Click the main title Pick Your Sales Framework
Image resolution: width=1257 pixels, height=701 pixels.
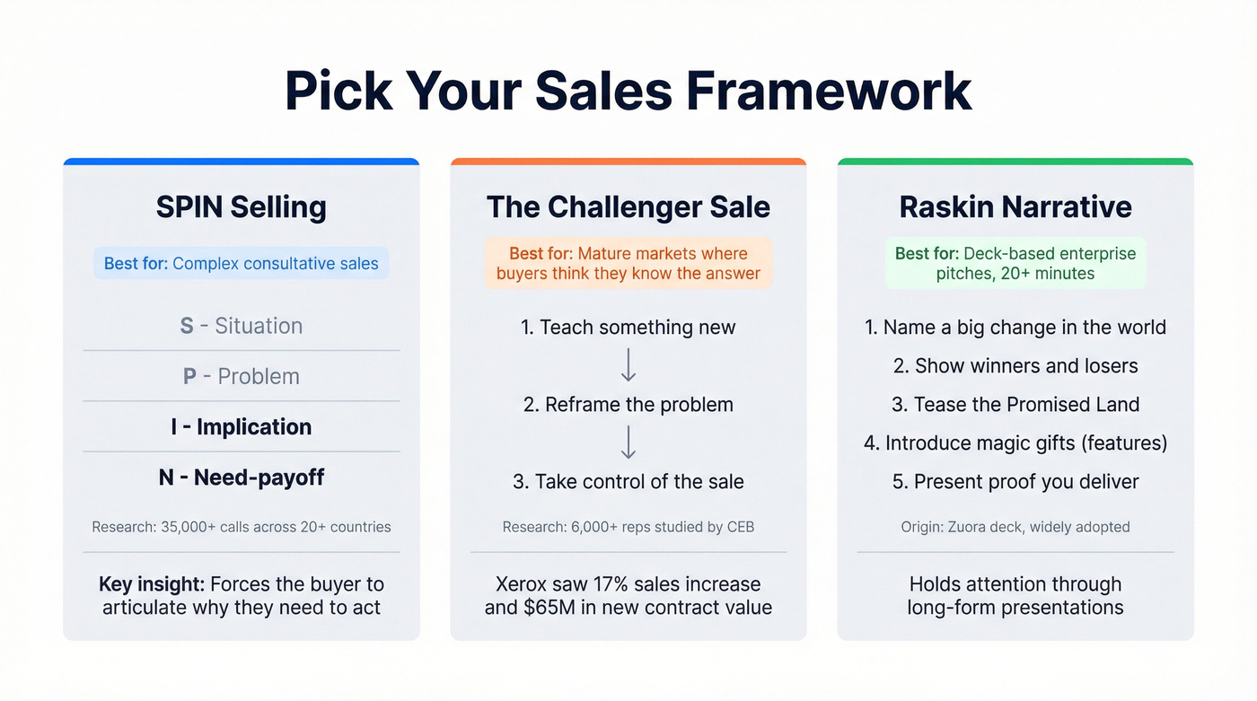628,90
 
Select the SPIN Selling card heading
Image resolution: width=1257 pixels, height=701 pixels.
241,207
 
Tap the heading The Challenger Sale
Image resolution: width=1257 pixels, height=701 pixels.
628,207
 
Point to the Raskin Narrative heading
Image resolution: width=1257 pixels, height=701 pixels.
1015,207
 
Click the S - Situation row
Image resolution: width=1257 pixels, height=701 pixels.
241,326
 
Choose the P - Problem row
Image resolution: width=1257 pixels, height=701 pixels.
241,376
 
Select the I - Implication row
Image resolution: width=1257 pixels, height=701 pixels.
241,427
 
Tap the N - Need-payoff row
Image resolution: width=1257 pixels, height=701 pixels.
241,478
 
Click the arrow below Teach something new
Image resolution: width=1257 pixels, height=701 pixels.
628,365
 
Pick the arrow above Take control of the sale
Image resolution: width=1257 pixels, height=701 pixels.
628,443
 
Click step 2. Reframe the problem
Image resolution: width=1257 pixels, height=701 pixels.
628,405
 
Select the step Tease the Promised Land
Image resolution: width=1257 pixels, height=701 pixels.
1015,405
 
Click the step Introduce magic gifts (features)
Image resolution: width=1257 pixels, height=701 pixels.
1015,443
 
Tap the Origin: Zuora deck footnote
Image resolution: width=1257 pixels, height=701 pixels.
1015,527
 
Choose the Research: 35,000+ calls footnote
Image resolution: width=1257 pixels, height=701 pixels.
241,527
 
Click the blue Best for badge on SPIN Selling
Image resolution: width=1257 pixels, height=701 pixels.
241,264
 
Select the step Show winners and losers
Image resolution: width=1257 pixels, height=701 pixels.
1015,366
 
